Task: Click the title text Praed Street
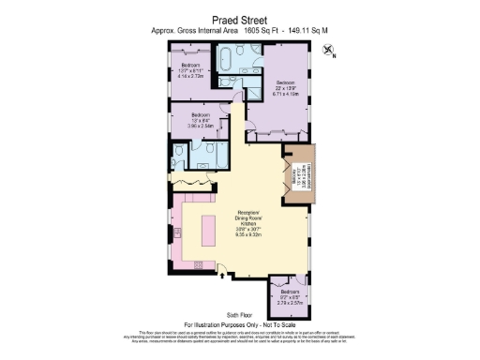pyautogui.click(x=239, y=17)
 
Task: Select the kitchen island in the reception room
pyautogui.click(x=209, y=229)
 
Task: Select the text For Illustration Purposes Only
pyautogui.click(x=239, y=325)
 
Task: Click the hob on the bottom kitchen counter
pyautogui.click(x=200, y=264)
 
